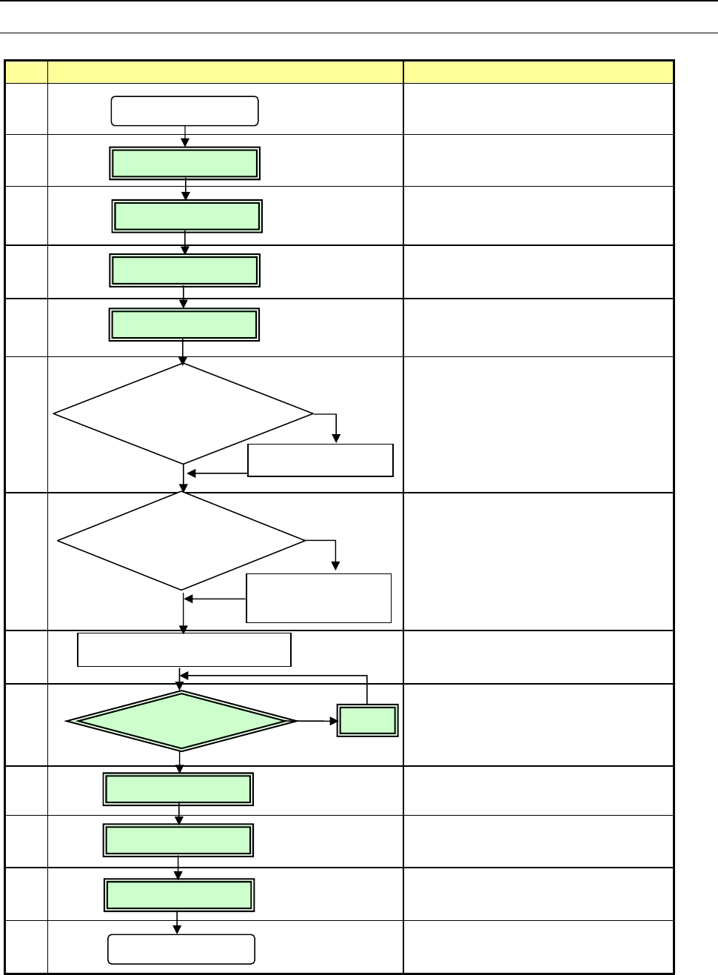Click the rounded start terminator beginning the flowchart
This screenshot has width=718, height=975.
click(184, 111)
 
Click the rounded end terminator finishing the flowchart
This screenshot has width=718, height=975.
click(181, 948)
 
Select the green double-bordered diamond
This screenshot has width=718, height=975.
click(181, 720)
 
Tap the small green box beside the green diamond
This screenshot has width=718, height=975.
click(368, 720)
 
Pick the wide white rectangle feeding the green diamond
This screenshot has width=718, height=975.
click(184, 650)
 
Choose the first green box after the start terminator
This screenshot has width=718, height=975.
click(184, 163)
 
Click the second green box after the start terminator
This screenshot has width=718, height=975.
click(187, 216)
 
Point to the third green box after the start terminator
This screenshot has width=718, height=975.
click(184, 270)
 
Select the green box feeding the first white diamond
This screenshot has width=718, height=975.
click(184, 325)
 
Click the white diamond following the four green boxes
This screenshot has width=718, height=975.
click(184, 413)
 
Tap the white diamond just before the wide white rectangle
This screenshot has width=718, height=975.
click(182, 541)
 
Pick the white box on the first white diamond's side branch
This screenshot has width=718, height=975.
click(321, 460)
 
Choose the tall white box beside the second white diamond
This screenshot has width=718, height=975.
click(318, 598)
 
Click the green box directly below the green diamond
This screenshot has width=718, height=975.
click(178, 789)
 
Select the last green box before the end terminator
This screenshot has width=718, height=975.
click(178, 895)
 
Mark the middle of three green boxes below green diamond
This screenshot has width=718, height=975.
click(178, 840)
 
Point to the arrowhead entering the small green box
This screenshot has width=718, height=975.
click(332, 720)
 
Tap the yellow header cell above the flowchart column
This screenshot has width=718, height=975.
click(225, 72)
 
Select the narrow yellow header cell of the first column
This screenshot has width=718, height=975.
click(27, 72)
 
